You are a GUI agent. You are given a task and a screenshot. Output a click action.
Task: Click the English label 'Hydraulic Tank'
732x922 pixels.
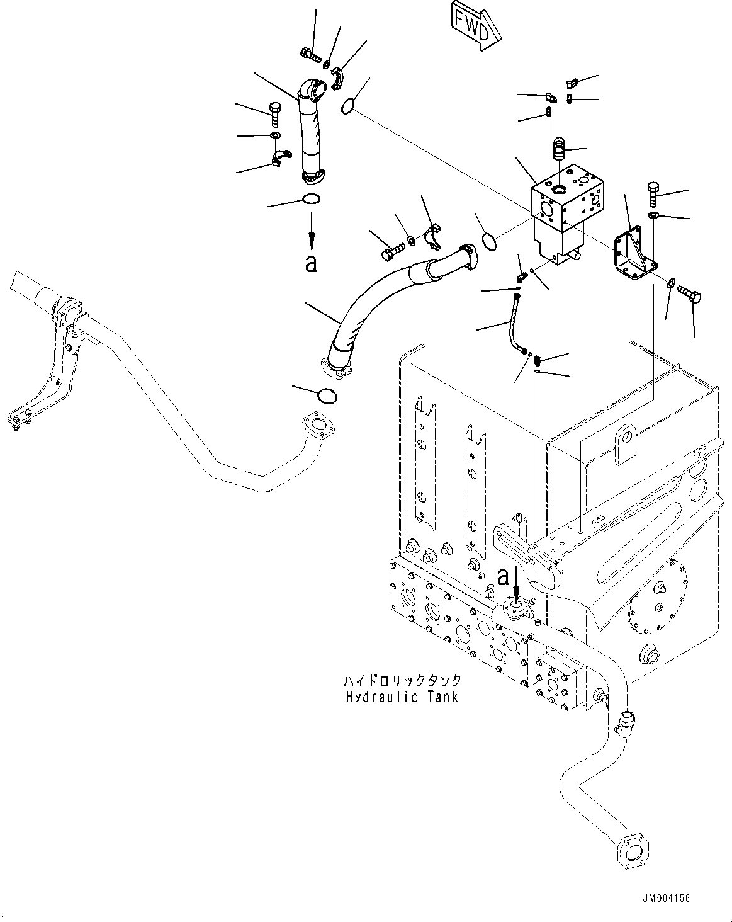click(x=402, y=697)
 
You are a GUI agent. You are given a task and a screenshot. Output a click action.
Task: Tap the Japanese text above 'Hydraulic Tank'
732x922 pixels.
click(x=402, y=681)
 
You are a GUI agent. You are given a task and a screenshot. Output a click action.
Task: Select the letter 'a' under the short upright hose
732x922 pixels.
click(x=310, y=264)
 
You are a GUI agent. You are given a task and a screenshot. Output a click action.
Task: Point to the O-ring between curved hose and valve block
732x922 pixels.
click(x=489, y=240)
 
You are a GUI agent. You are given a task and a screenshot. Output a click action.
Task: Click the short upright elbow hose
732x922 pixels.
click(x=310, y=132)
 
